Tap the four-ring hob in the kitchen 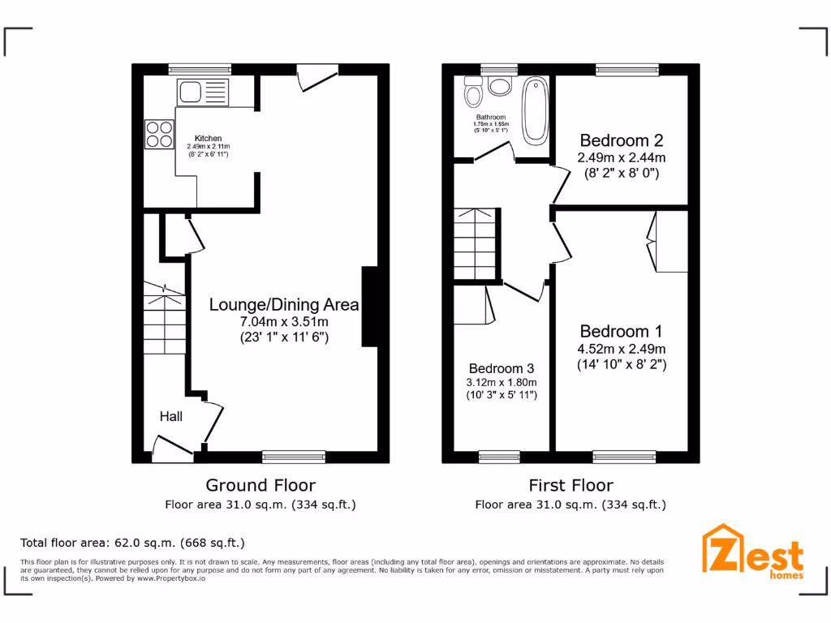159,134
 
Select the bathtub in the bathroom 536,111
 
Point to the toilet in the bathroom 474,94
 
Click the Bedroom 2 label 621,140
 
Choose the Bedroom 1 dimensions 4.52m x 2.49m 622,349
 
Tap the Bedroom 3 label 502,367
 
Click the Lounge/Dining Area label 284,305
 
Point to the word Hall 170,416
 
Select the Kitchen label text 208,139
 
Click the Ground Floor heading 260,485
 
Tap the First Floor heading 571,485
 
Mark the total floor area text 132,543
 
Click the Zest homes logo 753,552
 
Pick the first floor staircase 476,243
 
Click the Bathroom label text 491,117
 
